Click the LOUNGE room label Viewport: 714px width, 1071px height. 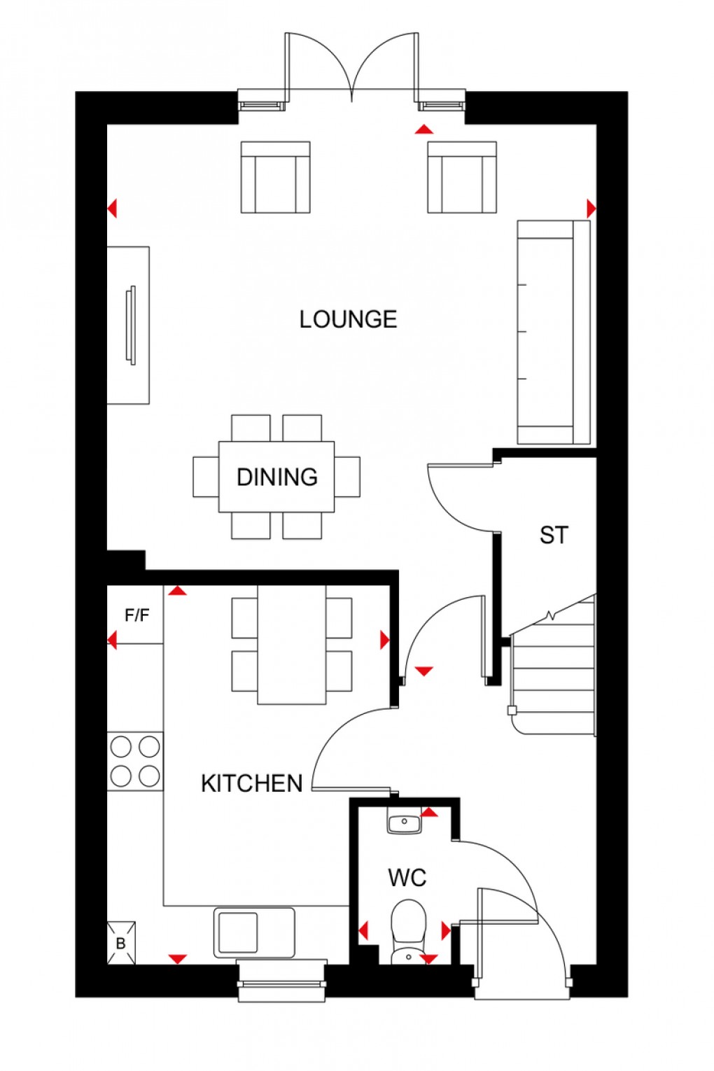coord(348,319)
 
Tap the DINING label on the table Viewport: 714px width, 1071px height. coord(277,477)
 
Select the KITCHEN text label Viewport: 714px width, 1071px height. coord(251,783)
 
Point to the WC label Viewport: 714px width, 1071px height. coord(407,877)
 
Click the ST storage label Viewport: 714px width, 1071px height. coord(554,535)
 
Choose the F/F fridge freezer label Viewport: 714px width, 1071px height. coord(136,615)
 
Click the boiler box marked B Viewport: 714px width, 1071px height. coord(120,943)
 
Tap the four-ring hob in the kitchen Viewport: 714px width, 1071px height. coord(135,762)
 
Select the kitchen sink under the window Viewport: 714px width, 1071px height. coord(254,932)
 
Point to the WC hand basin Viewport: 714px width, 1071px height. coord(405,821)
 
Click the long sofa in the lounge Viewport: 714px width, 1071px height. coord(553,332)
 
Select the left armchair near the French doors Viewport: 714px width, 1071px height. coord(275,177)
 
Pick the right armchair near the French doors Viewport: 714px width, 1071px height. coord(462,177)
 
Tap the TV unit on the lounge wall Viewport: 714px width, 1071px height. coord(128,325)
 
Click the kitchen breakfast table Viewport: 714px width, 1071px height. coord(292,645)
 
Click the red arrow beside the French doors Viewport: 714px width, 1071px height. coord(423,129)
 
